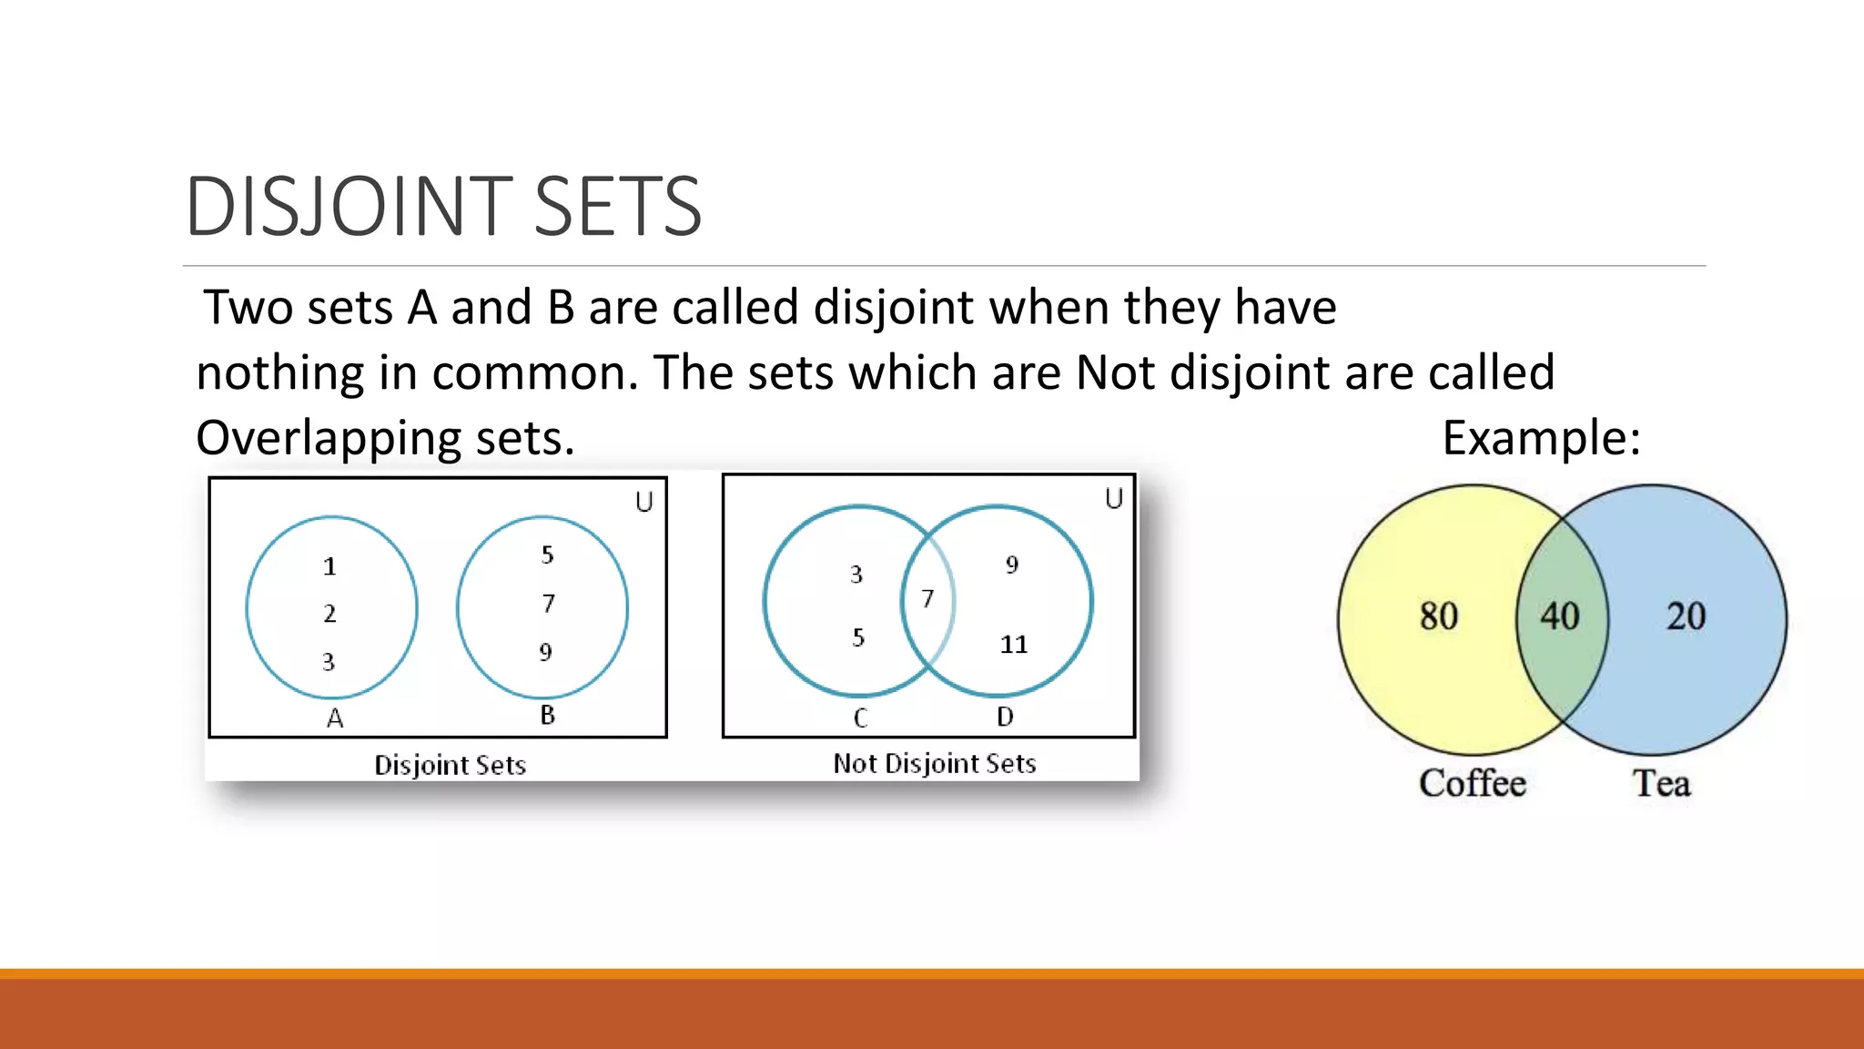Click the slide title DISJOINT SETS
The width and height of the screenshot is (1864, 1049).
click(443, 207)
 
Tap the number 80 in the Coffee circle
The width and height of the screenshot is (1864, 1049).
click(1438, 616)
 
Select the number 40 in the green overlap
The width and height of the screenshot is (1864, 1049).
click(1559, 616)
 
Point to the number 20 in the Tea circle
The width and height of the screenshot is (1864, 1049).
click(1686, 616)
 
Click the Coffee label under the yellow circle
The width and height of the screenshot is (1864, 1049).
click(1472, 783)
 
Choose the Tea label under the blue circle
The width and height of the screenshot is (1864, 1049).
click(1661, 783)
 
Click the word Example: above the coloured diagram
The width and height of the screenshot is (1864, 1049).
click(1541, 438)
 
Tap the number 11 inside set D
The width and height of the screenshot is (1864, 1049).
click(1013, 645)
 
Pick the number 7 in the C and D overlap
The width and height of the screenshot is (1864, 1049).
click(927, 598)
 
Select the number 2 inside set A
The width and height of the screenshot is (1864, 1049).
click(329, 614)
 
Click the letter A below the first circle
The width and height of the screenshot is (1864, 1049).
click(335, 718)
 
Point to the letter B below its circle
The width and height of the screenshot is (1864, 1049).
click(547, 715)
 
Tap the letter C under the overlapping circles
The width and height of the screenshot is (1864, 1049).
click(860, 718)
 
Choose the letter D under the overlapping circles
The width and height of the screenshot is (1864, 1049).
click(1005, 717)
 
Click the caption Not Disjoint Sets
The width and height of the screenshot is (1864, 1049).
click(935, 763)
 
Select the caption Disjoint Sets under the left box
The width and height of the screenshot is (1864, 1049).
click(450, 765)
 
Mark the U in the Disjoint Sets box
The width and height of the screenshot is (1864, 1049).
click(644, 502)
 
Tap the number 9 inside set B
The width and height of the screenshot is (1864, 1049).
click(545, 652)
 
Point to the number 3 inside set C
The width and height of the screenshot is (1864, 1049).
click(856, 575)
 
